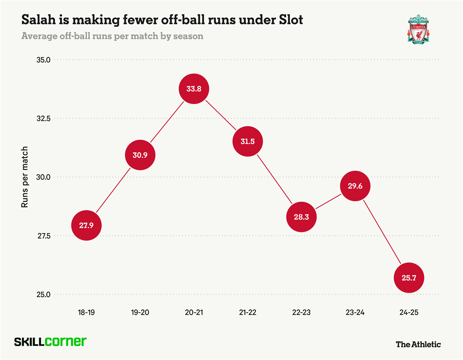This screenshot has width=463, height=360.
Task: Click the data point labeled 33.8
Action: [x=194, y=89]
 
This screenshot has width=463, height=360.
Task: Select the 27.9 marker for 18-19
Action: [x=86, y=225]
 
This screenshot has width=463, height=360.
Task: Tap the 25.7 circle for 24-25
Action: [x=409, y=278]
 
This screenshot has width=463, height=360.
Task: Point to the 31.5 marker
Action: [x=247, y=142]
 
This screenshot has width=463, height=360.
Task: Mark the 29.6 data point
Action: [x=355, y=186]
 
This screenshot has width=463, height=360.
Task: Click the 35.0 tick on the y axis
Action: [x=43, y=60]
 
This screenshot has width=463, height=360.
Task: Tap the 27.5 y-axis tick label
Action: [x=43, y=236]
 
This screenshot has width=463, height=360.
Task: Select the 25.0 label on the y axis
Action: [x=43, y=294]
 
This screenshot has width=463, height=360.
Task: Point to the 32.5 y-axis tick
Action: [x=43, y=118]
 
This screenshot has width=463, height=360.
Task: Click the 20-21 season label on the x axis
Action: [x=194, y=312]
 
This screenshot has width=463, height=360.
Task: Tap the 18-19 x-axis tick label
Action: [x=86, y=312]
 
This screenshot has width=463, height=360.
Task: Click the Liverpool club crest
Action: [x=419, y=29]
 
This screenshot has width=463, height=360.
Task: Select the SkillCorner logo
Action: [x=50, y=342]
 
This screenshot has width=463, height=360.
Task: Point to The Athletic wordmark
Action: [x=418, y=344]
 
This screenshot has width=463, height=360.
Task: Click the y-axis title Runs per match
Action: [x=25, y=177]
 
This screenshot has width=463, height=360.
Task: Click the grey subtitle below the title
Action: [x=112, y=36]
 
